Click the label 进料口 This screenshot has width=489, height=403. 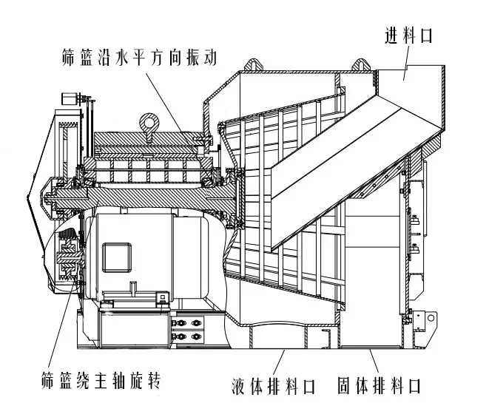tap(408, 35)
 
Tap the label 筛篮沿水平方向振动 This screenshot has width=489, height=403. tap(139, 57)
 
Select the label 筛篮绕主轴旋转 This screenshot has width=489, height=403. tap(101, 380)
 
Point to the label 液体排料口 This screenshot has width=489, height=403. tap(273, 386)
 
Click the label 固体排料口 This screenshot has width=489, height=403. tap(380, 385)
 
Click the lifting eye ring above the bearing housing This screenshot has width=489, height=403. tap(149, 122)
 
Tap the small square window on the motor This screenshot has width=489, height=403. tap(117, 257)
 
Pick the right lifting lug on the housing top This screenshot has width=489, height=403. tap(362, 64)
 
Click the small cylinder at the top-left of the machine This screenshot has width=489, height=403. tap(69, 99)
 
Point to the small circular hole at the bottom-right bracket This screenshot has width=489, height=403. tap(431, 318)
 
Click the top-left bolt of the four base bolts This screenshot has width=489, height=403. tap(181, 323)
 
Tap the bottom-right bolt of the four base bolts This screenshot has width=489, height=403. tap(196, 336)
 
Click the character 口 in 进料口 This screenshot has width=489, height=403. tap(426, 35)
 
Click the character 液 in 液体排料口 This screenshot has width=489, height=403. tap(238, 386)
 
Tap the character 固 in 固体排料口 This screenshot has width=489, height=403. tap(345, 385)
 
